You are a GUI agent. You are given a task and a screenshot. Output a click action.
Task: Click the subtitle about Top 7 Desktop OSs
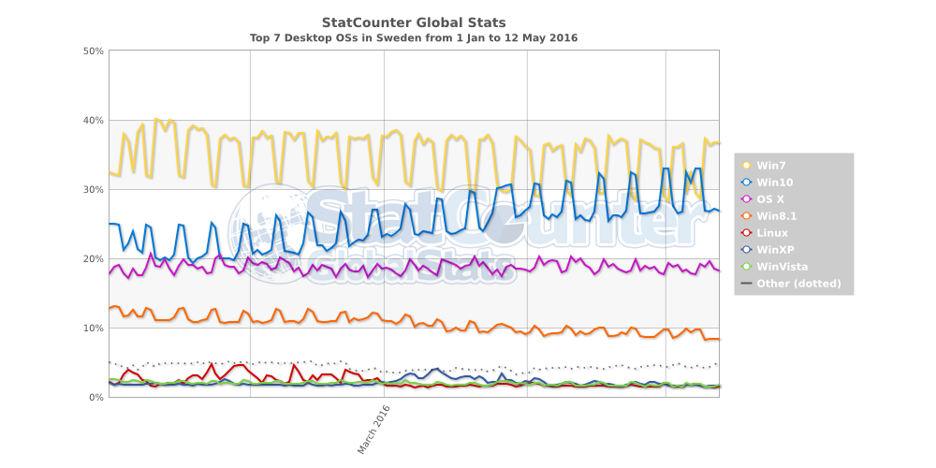pos(414,38)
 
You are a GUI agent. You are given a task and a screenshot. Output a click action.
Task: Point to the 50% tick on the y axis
pos(92,51)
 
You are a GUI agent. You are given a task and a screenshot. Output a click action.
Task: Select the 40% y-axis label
pos(92,120)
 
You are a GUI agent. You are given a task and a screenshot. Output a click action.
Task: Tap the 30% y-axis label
pos(92,189)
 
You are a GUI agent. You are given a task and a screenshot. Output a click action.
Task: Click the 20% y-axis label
pos(92,258)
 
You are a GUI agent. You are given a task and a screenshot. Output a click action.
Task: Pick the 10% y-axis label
pos(92,328)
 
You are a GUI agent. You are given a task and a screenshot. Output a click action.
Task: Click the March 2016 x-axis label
pos(373,429)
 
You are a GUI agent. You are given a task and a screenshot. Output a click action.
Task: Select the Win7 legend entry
pos(771,166)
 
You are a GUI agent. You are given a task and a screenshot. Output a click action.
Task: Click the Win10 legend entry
pos(775,183)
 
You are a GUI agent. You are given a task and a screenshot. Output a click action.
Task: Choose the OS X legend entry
pos(772,199)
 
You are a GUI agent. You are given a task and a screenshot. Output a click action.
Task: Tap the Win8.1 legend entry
pos(776,216)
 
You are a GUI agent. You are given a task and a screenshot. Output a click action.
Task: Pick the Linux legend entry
pos(772,233)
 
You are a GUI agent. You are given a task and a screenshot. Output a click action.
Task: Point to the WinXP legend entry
pos(775,250)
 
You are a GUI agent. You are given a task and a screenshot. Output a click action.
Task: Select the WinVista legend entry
pos(781,267)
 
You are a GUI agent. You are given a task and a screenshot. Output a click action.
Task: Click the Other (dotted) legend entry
pos(798,284)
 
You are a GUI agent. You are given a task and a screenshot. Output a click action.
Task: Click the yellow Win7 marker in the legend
pos(746,166)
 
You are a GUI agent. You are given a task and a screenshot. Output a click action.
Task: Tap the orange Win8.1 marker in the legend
pos(746,216)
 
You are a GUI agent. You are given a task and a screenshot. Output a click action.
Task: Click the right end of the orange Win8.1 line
pos(718,339)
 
